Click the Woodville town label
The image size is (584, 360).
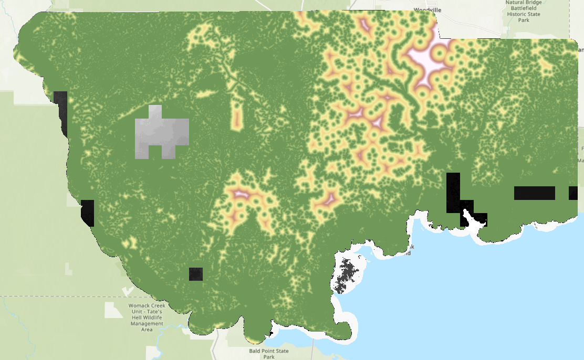click(x=427, y=9)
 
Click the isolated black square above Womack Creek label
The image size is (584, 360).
click(x=196, y=274)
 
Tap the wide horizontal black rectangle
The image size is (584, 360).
click(x=534, y=193)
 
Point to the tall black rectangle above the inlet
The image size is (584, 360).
click(x=453, y=192)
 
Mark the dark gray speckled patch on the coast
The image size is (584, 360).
click(x=347, y=273)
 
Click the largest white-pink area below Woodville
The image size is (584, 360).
click(x=424, y=61)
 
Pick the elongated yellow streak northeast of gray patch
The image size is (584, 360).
click(x=206, y=94)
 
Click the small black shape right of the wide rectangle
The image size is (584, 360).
click(x=573, y=193)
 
